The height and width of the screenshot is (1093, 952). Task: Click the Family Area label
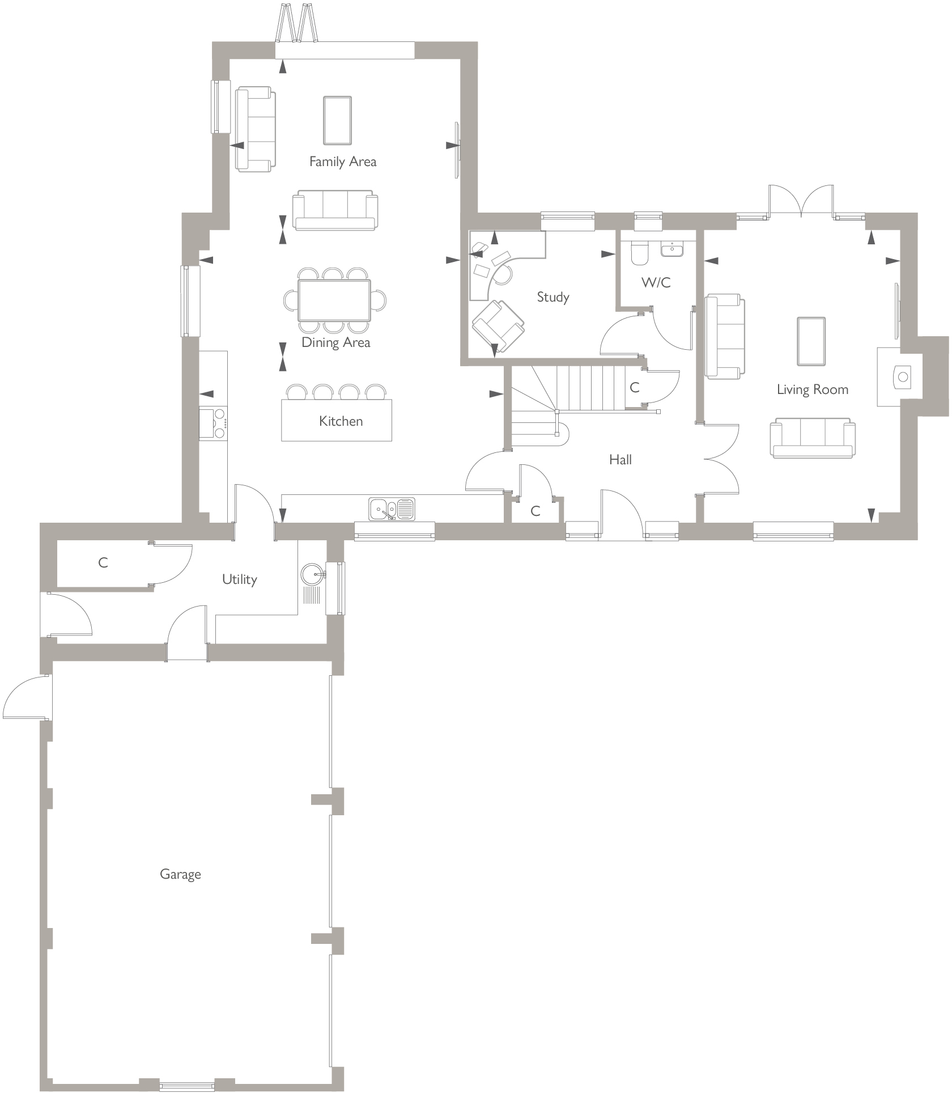[342, 162]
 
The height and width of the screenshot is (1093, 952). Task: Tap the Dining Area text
[335, 342]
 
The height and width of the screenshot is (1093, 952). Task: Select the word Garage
[180, 874]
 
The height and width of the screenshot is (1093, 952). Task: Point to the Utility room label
[239, 579]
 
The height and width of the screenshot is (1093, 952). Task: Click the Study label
[552, 296]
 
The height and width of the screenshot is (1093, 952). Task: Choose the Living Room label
[812, 389]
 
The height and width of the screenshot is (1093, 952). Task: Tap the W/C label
[656, 282]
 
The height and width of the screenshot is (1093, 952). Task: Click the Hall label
[620, 459]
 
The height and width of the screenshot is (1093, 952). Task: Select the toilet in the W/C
[640, 254]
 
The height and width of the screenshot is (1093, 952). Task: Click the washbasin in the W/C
[673, 249]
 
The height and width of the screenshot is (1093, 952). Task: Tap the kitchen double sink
[392, 509]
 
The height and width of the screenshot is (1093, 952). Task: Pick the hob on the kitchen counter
[213, 423]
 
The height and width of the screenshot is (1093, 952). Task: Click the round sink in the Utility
[312, 574]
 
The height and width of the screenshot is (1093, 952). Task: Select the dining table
[334, 300]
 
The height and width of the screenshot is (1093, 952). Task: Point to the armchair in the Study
[498, 325]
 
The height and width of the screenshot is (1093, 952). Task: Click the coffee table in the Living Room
[811, 341]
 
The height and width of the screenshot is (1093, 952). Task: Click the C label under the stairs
[634, 387]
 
